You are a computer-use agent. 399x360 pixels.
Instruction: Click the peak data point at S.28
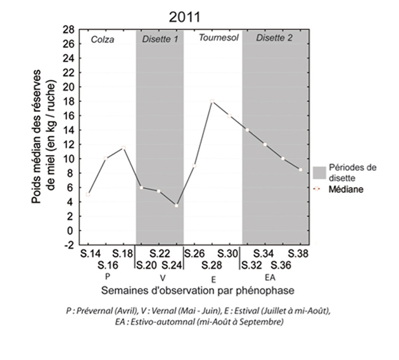pos(212,101)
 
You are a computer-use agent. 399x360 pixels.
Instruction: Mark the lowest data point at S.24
pos(177,205)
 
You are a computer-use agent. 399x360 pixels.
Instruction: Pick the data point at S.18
pos(123,147)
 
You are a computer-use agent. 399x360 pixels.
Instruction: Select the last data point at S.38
pos(300,170)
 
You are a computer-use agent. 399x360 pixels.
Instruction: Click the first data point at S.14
pos(88,194)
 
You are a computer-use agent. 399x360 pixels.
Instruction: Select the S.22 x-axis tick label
pos(159,254)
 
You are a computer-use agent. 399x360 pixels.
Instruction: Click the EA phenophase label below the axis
pos(270,277)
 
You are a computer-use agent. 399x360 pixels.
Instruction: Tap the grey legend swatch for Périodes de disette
pos(320,172)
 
